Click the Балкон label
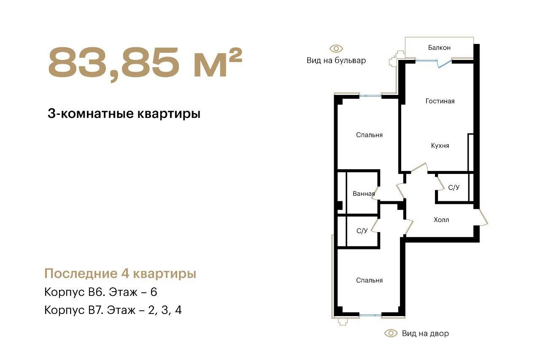439,48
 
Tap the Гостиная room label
440,101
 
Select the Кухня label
440,146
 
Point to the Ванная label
364,194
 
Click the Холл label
441,220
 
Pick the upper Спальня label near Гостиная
369,135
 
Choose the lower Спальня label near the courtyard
369,280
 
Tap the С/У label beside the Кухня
454,187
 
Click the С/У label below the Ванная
362,231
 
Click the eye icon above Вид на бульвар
336,49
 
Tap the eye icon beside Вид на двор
391,333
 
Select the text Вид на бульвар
336,60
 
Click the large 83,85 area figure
114,63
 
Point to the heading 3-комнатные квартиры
124,114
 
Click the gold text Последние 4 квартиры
120,273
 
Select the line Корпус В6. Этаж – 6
101,292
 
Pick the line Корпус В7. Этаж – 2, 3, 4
113,310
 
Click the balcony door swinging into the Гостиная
444,63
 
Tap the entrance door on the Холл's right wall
482,217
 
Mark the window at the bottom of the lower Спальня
370,315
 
